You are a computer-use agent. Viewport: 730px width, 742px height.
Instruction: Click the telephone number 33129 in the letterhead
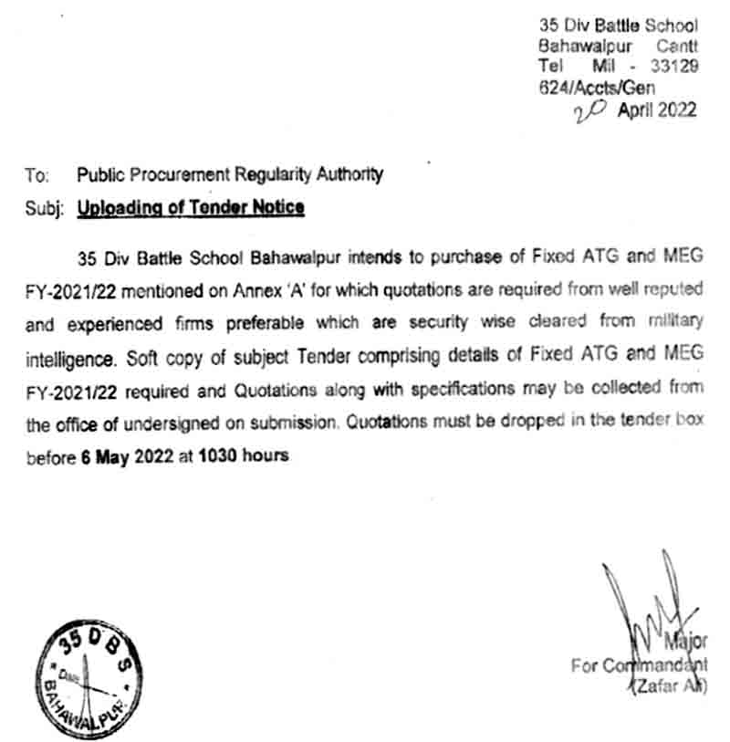[x=673, y=66]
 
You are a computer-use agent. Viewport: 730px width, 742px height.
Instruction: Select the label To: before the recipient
[x=37, y=174]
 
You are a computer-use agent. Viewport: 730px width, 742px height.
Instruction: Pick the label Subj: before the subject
[x=43, y=208]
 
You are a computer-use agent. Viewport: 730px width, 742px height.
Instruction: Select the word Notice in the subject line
[x=278, y=208]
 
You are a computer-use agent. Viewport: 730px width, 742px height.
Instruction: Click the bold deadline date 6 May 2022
[x=121, y=455]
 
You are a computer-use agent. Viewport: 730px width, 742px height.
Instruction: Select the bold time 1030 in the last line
[x=219, y=455]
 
